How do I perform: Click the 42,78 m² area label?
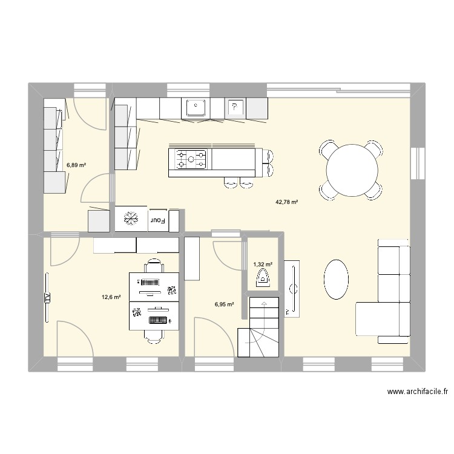point(287,202)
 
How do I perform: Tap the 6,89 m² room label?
point(76,165)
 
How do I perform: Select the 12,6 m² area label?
point(111,297)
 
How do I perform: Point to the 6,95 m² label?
point(223,305)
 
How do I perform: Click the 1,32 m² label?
point(262,264)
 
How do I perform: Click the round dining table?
point(353,170)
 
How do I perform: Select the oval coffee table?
point(336,279)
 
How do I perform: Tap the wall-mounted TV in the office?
point(46,297)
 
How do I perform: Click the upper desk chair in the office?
point(154,266)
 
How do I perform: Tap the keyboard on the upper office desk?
point(150,282)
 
